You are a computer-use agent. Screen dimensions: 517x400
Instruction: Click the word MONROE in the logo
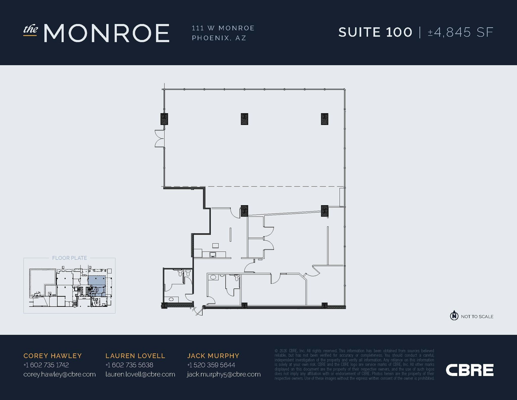(x=107, y=33)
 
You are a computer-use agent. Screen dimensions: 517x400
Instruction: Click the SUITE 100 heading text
(x=375, y=32)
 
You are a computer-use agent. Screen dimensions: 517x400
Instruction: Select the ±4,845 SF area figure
(x=460, y=32)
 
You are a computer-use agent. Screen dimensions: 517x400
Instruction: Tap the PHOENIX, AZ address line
(x=219, y=38)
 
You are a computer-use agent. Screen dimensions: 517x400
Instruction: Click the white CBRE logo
(x=470, y=370)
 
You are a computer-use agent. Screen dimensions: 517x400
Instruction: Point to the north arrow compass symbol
(x=454, y=315)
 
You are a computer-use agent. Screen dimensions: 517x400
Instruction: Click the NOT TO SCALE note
(x=477, y=317)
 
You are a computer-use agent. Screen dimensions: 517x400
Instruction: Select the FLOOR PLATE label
(x=69, y=258)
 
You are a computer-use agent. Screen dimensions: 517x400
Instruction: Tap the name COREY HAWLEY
(x=53, y=356)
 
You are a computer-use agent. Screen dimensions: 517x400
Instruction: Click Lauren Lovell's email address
(x=140, y=374)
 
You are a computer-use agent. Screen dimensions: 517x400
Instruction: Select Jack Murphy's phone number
(x=211, y=365)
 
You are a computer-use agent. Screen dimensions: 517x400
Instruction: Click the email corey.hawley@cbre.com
(x=60, y=374)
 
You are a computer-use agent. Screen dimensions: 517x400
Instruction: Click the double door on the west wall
(x=159, y=138)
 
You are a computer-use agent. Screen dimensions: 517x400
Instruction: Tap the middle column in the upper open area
(x=244, y=119)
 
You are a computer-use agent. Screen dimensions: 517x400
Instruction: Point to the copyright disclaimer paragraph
(x=354, y=364)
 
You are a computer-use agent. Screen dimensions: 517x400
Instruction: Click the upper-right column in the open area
(x=324, y=119)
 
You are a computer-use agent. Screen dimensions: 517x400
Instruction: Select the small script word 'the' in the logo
(x=31, y=30)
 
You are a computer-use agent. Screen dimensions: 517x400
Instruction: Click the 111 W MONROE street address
(x=223, y=28)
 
